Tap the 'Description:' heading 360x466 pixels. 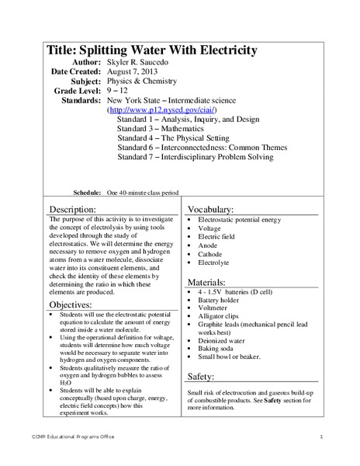(73, 210)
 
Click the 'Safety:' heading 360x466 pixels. (206, 376)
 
